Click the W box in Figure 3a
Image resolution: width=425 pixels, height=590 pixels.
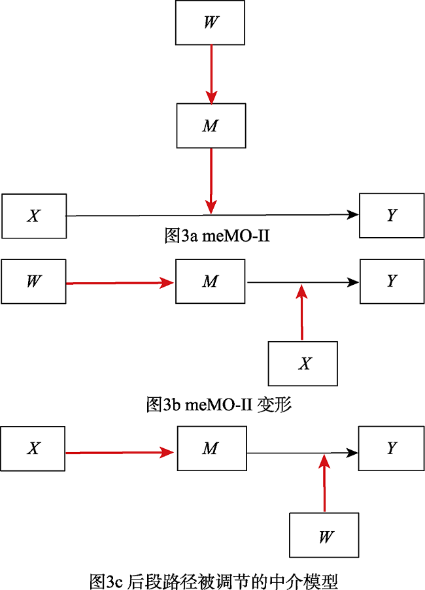tap(211, 22)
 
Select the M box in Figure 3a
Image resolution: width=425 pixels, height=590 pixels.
tap(211, 125)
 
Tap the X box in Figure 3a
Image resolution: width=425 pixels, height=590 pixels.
tap(33, 216)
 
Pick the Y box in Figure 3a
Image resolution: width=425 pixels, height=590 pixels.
tap(391, 216)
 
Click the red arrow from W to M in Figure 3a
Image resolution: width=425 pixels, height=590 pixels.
tap(211, 73)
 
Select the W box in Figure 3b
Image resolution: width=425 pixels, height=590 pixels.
tap(33, 282)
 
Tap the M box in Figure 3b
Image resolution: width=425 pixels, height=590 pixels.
tap(211, 282)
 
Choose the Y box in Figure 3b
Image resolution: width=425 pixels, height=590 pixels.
tap(391, 282)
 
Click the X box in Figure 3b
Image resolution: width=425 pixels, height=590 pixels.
tap(303, 363)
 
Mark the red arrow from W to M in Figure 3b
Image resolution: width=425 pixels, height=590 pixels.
tap(121, 283)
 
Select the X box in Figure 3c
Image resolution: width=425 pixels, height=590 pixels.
tap(33, 449)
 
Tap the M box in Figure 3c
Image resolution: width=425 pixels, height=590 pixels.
tap(211, 449)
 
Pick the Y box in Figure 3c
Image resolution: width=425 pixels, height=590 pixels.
tap(391, 449)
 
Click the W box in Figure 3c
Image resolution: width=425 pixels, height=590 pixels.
tap(324, 536)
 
